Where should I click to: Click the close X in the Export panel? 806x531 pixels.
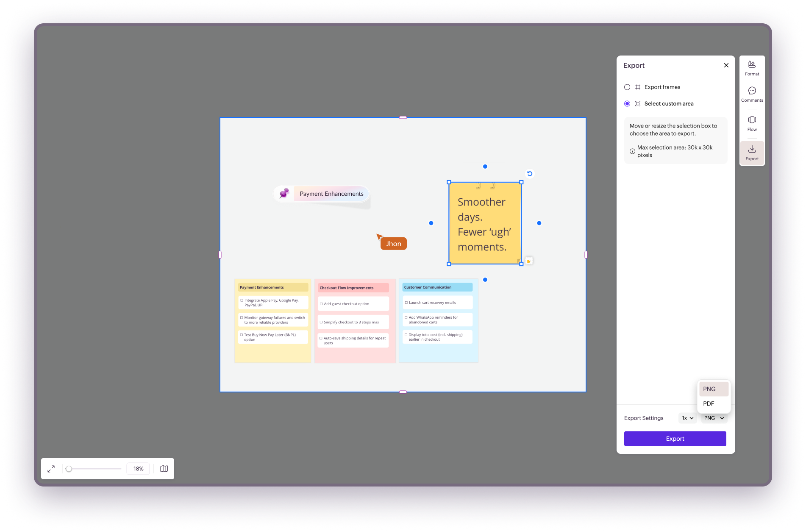pos(726,65)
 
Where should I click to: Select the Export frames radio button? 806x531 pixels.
pos(627,87)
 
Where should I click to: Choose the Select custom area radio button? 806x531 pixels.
pos(627,103)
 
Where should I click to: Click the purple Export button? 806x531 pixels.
pos(675,439)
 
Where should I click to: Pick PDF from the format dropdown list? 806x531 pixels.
pos(709,403)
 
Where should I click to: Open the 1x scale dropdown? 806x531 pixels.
pos(687,418)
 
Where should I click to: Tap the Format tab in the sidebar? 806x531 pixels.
pos(752,68)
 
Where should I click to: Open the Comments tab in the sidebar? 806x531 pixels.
pos(752,94)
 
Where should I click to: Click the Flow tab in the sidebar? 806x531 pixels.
pos(752,123)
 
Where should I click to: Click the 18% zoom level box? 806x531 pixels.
pos(138,469)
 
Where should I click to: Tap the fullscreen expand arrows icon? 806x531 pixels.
pos(51,469)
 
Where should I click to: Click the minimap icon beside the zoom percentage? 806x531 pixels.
pos(164,469)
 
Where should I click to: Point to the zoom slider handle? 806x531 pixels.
pos(69,469)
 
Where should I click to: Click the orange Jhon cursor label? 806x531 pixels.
pos(393,244)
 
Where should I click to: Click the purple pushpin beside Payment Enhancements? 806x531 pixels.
pos(284,193)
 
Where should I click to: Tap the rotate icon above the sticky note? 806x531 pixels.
pos(530,174)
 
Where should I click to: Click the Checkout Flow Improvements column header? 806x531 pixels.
pos(353,288)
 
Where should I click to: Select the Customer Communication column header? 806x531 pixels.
pos(437,287)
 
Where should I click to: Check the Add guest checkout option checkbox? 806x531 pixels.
pos(321,304)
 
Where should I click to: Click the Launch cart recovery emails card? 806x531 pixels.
pos(437,303)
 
